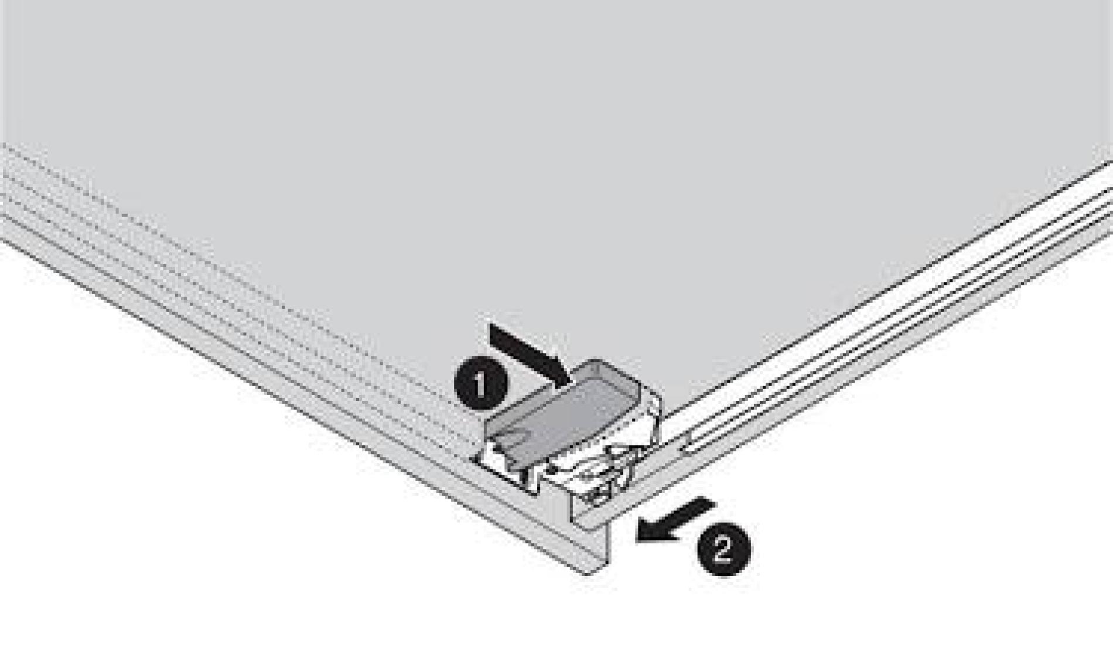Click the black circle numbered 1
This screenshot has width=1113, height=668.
[x=481, y=386]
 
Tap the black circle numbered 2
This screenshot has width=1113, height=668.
[x=723, y=550]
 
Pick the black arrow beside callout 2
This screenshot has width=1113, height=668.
[x=675, y=520]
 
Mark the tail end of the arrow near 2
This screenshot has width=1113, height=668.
[x=712, y=503]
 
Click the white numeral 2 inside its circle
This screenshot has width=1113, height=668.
[x=723, y=550]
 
